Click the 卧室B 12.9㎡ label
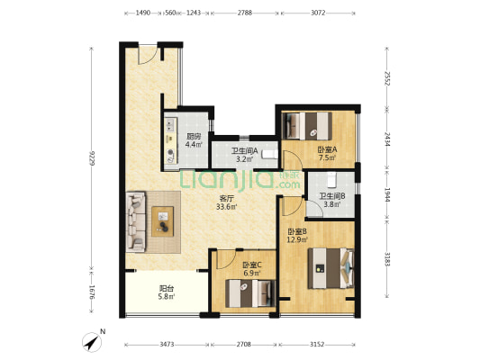(297, 236)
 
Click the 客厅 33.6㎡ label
(226, 202)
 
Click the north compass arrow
(92, 342)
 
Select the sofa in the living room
(136, 221)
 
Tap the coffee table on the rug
(163, 221)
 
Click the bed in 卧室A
(307, 126)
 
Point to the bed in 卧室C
(250, 293)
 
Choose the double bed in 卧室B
(331, 268)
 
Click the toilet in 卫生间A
(269, 154)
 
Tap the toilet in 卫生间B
(331, 180)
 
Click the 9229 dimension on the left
(92, 157)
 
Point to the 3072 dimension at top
(318, 13)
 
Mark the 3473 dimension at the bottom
(167, 345)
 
